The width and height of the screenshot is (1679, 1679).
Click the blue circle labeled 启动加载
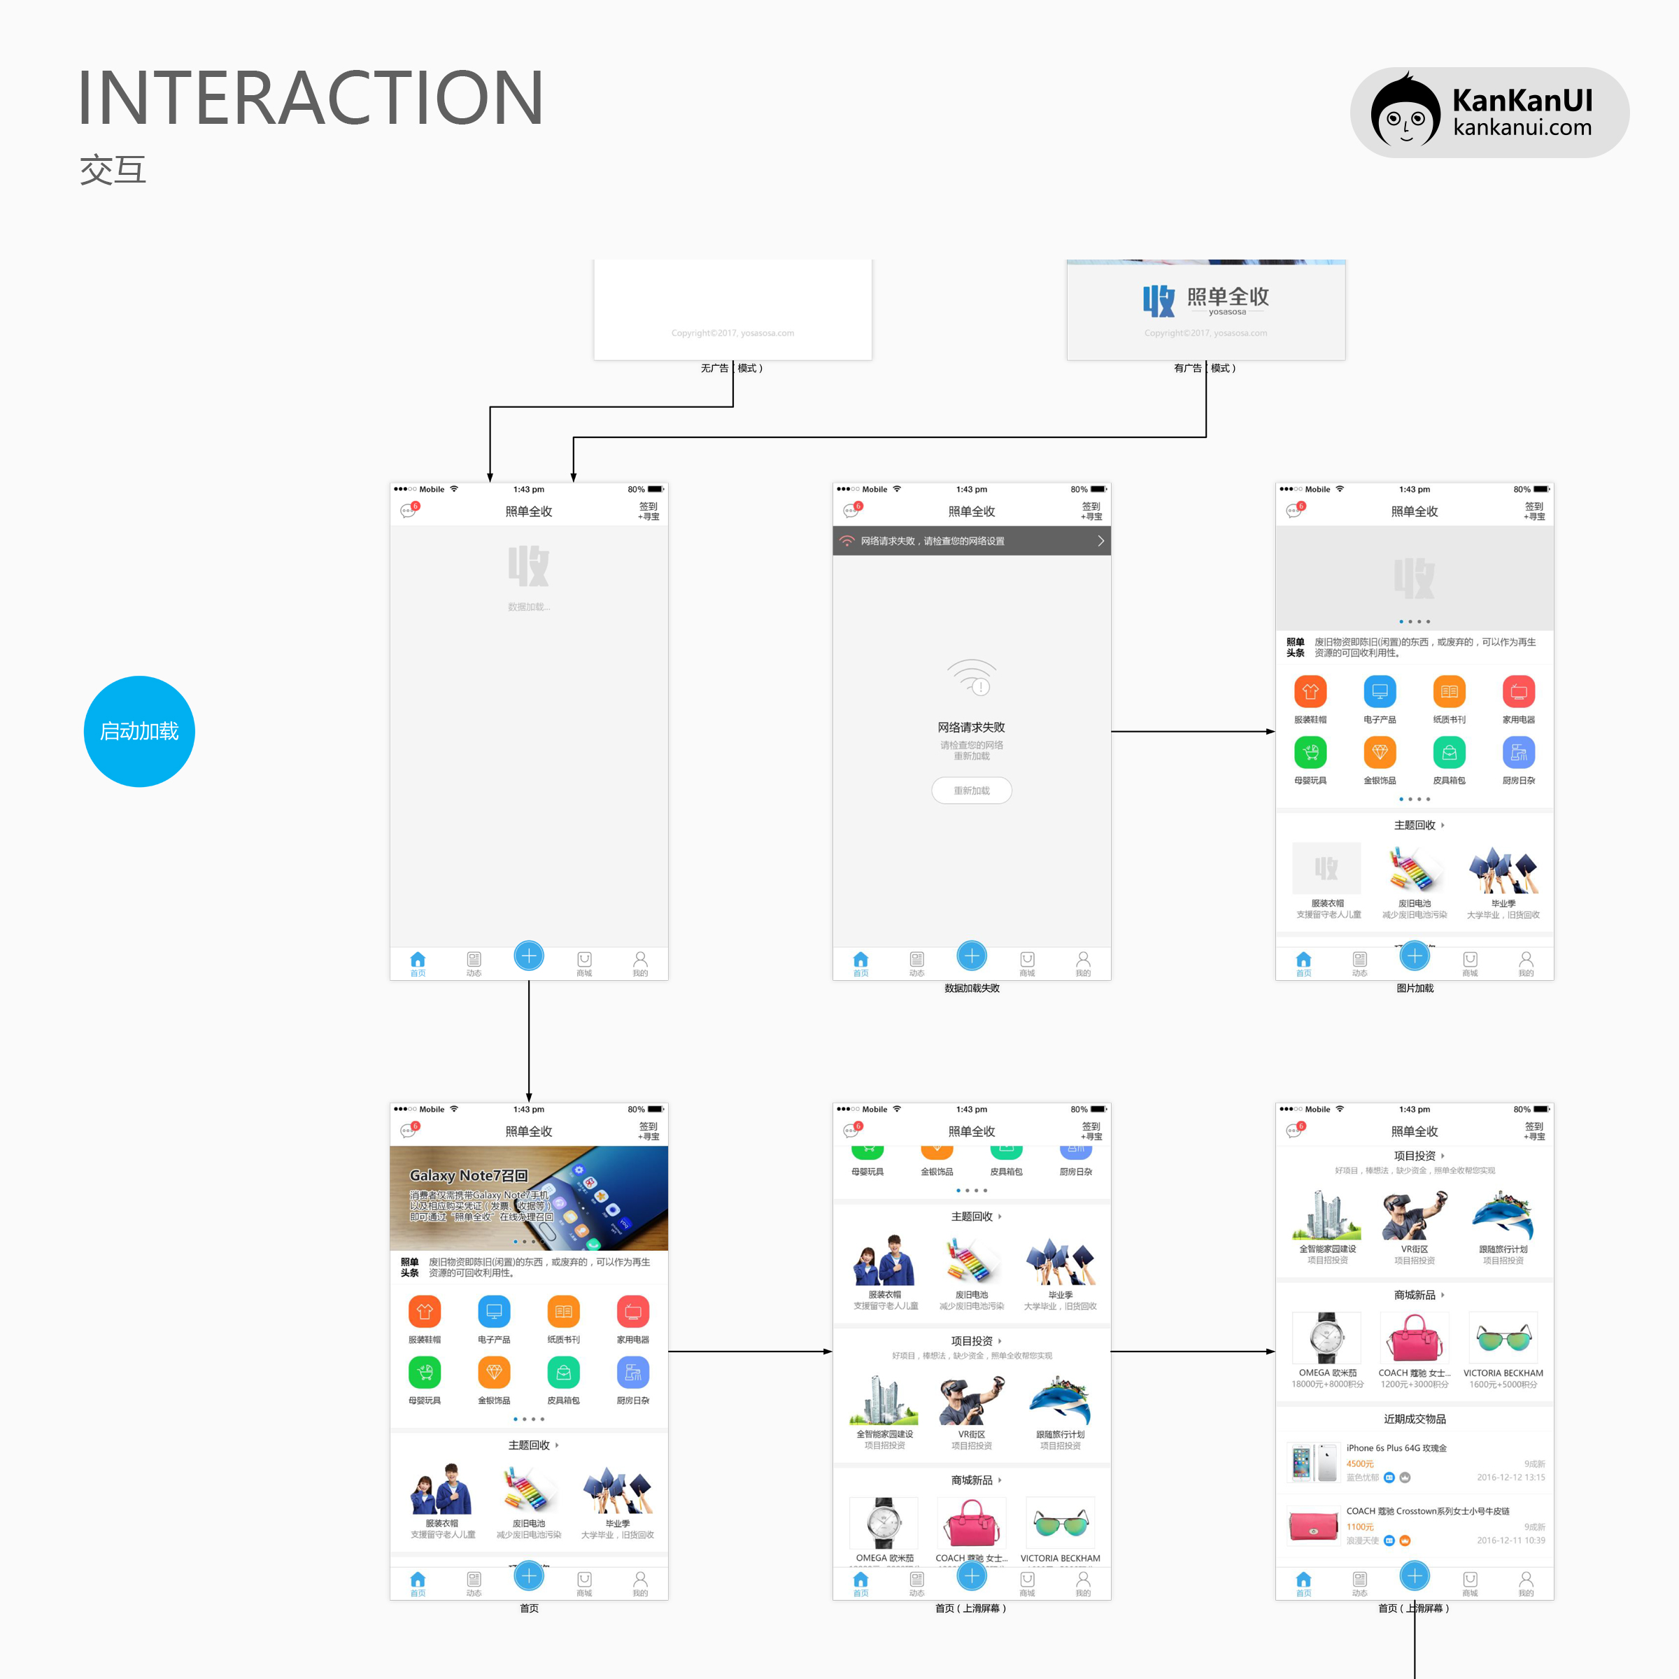pos(139,731)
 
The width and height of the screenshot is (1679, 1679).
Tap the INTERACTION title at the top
pos(310,97)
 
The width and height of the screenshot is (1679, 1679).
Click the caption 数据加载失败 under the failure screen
pos(972,988)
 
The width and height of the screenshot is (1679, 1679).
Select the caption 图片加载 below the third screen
pos(1414,988)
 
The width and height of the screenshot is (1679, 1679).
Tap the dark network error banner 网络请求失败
pos(971,541)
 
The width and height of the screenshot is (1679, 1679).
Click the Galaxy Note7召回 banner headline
pos(469,1175)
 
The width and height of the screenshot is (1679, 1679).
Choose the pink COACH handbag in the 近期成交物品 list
pos(1313,1526)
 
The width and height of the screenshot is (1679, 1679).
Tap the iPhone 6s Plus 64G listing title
pos(1396,1448)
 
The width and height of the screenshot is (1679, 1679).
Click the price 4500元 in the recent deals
pos(1359,1464)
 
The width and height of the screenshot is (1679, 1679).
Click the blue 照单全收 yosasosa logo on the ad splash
pos(1205,300)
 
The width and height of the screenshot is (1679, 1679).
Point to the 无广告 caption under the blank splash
pos(714,369)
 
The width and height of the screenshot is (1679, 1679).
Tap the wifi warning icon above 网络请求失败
pos(972,678)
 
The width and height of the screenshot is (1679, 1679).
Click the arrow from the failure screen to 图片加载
pos(1192,732)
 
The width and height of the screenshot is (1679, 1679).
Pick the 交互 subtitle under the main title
pos(113,169)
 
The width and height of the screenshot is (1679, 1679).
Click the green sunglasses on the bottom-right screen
pos(1503,1338)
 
